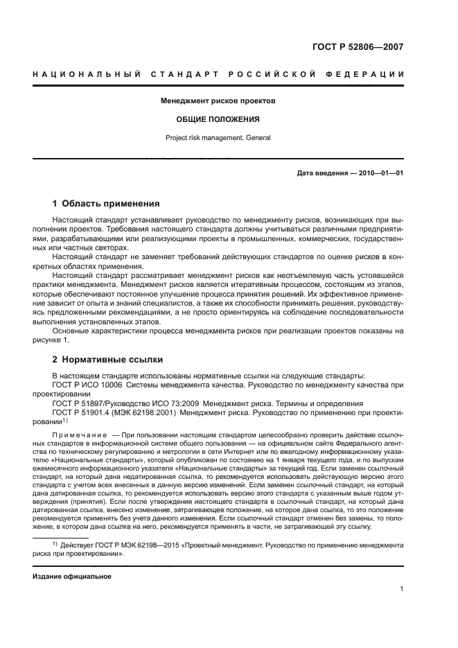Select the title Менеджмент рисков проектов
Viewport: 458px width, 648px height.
click(218, 100)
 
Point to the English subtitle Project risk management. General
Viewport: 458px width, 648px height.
click(218, 137)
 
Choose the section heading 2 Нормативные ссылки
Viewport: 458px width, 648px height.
click(107, 360)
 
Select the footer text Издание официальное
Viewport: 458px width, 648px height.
click(72, 577)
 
